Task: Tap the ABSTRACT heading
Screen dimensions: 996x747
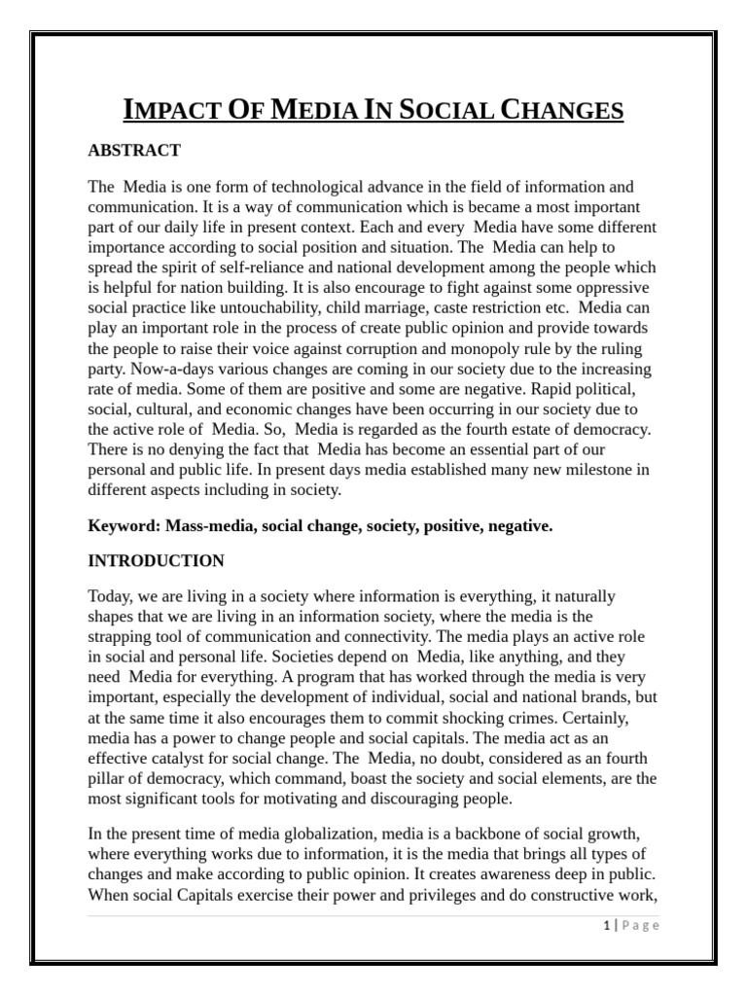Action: tap(134, 150)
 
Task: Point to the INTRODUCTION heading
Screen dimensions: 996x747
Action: tap(156, 560)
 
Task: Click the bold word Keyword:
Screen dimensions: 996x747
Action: tap(124, 525)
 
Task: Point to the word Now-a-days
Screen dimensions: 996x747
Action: tap(160, 369)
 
